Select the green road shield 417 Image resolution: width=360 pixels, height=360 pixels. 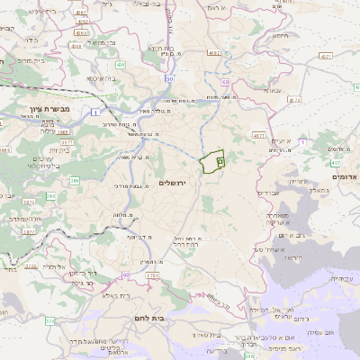tap(335, 163)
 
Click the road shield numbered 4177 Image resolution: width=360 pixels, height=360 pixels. tap(259, 136)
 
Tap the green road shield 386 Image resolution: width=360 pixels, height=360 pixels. tap(75, 180)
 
